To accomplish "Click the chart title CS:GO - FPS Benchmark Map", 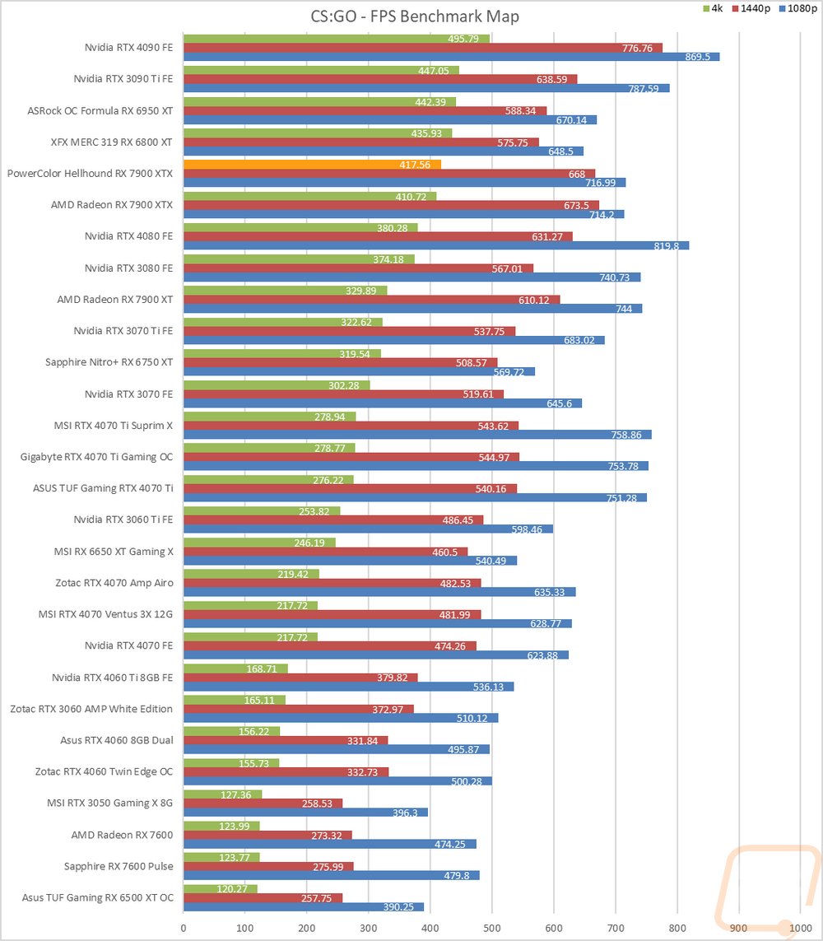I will click(x=409, y=16).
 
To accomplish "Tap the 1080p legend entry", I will click(x=798, y=7).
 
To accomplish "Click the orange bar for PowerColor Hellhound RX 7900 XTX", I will click(x=312, y=165).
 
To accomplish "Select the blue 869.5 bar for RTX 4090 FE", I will click(x=451, y=57).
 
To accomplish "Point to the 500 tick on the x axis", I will click(x=492, y=927).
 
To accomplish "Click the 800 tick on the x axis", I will click(x=677, y=927).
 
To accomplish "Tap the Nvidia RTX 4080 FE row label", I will click(x=128, y=236).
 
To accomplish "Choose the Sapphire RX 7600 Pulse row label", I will click(x=119, y=866).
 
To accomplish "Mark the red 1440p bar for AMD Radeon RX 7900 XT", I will click(x=371, y=300).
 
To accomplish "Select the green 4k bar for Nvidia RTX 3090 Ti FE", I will click(x=321, y=71).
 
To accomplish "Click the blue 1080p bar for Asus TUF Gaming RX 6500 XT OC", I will click(x=303, y=907).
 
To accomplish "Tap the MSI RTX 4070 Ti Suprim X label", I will click(x=112, y=426).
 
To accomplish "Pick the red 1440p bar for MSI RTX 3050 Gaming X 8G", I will click(x=263, y=803).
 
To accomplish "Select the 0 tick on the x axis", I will click(x=184, y=927).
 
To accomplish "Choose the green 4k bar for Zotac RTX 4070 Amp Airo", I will click(x=251, y=574).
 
